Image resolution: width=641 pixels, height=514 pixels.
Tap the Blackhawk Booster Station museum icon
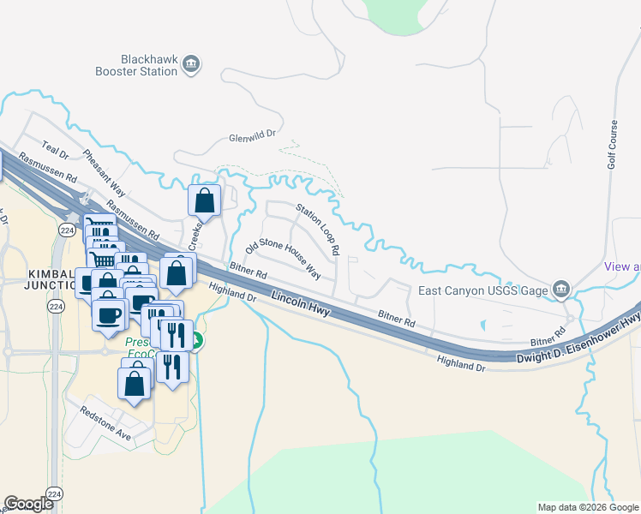point(192,63)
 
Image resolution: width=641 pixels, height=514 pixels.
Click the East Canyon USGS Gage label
point(482,290)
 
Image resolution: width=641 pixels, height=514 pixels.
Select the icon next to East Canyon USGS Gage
point(561,289)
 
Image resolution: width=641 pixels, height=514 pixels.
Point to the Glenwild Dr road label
point(255,136)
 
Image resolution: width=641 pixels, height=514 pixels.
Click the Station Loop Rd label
point(318,230)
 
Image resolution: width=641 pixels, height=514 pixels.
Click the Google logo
point(30,504)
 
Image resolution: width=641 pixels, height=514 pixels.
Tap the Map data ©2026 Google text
point(587,507)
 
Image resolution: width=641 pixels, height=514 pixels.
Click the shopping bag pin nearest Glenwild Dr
point(205,202)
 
